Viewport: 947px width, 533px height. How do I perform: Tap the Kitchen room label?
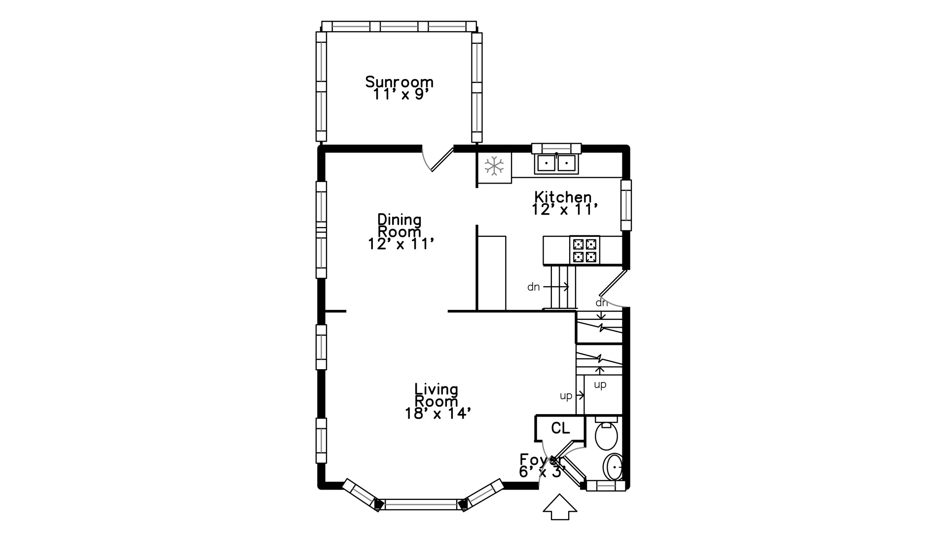click(563, 197)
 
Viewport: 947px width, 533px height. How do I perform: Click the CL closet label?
click(560, 428)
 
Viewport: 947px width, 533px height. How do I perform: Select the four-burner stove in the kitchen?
click(585, 250)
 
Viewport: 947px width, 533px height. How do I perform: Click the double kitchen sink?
click(556, 163)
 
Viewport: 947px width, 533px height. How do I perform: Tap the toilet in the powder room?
click(606, 434)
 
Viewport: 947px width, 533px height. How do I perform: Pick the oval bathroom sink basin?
click(613, 467)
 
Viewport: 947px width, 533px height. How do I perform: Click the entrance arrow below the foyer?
click(560, 507)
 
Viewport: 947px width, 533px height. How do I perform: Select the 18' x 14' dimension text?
click(435, 414)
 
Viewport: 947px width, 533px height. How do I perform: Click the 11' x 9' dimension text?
click(399, 94)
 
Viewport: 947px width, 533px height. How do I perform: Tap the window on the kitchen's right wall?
click(626, 205)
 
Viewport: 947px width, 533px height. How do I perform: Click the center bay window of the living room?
click(421, 504)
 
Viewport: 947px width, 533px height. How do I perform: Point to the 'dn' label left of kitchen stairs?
click(533, 287)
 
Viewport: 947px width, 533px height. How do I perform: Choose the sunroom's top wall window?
click(399, 26)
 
